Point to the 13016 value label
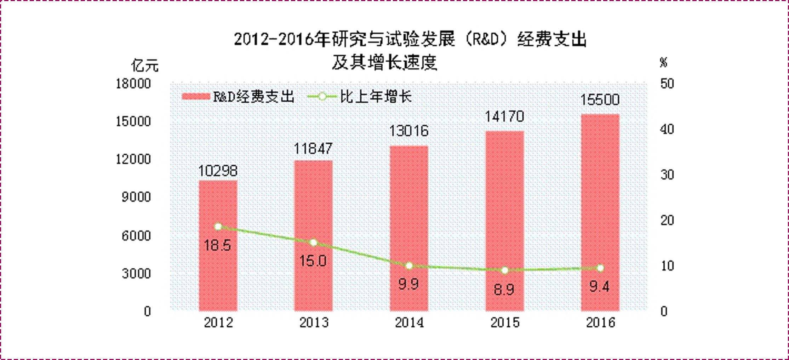pyautogui.click(x=409, y=131)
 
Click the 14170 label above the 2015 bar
pyautogui.click(x=504, y=117)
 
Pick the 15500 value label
pyautogui.click(x=600, y=100)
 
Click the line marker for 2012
pyautogui.click(x=218, y=227)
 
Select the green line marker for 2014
pyautogui.click(x=409, y=266)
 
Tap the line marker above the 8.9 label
pyautogui.click(x=505, y=270)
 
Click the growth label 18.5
pyautogui.click(x=217, y=245)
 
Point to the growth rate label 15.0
pyautogui.click(x=313, y=261)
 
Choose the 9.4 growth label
pyautogui.click(x=599, y=286)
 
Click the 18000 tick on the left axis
pyautogui.click(x=133, y=84)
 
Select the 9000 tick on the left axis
pyautogui.click(x=136, y=197)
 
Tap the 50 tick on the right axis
pyautogui.click(x=667, y=84)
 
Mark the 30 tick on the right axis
pyautogui.click(x=667, y=175)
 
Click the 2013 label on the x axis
pyautogui.click(x=314, y=322)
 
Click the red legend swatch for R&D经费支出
pyautogui.click(x=196, y=97)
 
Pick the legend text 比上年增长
pyautogui.click(x=376, y=97)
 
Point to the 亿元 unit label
pyautogui.click(x=145, y=66)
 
